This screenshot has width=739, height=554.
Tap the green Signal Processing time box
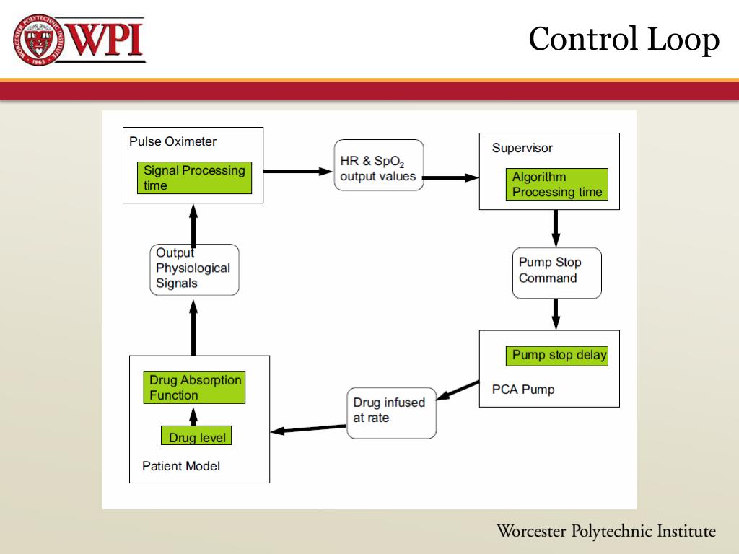pos(194,177)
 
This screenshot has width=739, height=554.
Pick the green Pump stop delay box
pos(559,355)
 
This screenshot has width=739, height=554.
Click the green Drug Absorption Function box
pos(195,387)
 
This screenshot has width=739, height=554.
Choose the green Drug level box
pos(196,437)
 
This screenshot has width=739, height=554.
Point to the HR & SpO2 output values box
pos(378,165)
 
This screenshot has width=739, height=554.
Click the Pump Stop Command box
pos(556,273)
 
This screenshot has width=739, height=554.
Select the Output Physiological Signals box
pos(194,269)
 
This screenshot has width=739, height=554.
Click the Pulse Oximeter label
pos(172,141)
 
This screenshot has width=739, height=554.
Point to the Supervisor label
pos(522,148)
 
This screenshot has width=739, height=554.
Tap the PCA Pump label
pos(522,390)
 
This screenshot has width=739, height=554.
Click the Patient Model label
pos(181,466)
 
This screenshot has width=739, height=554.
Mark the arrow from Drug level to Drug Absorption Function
pos(193,415)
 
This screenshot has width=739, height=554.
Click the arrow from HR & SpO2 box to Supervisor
pos(451,177)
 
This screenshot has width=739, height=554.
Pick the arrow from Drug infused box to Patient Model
pos(308,429)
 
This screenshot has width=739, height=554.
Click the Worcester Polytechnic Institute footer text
pos(606,532)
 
